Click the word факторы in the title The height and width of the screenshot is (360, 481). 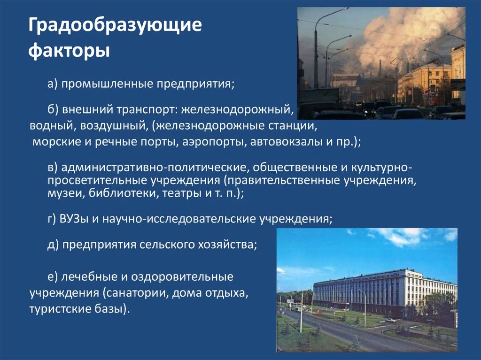click(x=69, y=51)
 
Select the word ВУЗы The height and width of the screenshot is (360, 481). click(x=74, y=219)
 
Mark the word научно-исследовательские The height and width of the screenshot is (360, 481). click(x=179, y=219)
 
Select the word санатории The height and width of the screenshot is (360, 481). click(x=137, y=293)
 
